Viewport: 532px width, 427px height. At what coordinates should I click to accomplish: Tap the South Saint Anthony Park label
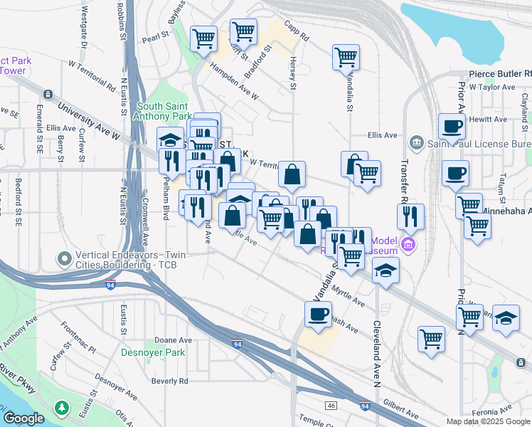[x=164, y=111]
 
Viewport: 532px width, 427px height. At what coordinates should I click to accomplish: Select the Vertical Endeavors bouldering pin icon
[x=65, y=258]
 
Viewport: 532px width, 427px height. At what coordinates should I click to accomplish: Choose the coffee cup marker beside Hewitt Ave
[x=452, y=127]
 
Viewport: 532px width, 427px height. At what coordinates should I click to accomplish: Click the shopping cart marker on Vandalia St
[x=346, y=57]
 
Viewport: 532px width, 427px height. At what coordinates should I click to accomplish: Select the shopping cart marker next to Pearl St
[x=204, y=38]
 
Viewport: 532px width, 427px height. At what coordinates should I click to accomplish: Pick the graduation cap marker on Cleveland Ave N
[x=385, y=271]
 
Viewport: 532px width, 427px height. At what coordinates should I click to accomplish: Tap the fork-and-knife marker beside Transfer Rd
[x=410, y=216]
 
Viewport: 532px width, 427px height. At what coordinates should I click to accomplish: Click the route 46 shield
[x=331, y=405]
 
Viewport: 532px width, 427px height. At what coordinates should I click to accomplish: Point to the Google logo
[x=25, y=418]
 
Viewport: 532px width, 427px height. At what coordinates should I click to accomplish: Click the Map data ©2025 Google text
[x=487, y=421]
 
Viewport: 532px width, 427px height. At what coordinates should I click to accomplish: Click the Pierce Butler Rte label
[x=500, y=73]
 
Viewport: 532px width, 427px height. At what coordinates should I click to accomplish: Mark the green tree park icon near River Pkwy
[x=63, y=408]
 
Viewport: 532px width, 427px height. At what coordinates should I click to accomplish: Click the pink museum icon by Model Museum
[x=407, y=246]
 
